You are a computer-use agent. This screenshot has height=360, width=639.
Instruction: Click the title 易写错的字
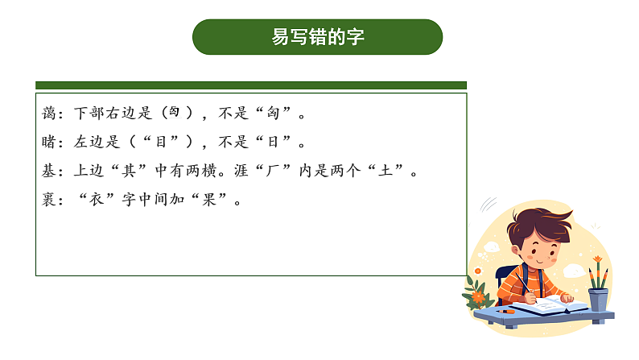[x=318, y=37]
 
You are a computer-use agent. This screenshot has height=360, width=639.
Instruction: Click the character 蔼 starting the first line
[x=49, y=114]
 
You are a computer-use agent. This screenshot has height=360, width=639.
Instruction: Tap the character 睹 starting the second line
[x=49, y=143]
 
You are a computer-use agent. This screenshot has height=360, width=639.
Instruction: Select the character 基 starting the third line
[x=49, y=172]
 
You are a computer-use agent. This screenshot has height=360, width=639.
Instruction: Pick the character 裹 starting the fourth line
[x=49, y=200]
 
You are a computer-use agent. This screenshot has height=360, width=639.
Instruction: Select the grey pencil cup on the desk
[x=598, y=299]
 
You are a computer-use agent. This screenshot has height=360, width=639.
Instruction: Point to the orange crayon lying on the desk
[x=506, y=311]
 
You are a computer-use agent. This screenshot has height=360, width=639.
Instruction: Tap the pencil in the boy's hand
[x=525, y=283]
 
